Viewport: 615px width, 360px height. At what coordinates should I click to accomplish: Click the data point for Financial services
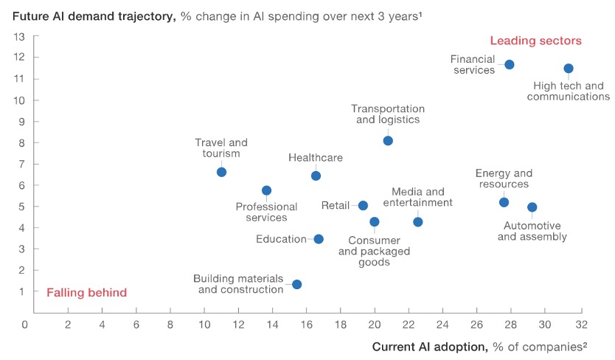[x=509, y=65]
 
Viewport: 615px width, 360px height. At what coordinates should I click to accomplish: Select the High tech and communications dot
[x=569, y=69]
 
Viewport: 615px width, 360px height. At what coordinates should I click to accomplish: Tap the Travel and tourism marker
[x=221, y=172]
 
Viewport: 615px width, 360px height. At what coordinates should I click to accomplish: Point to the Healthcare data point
[x=316, y=176]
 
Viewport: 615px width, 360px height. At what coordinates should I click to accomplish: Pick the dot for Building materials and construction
[x=296, y=284]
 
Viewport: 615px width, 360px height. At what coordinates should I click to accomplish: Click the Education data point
[x=319, y=239]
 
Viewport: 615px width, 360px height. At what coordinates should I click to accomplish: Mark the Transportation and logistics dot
[x=388, y=141]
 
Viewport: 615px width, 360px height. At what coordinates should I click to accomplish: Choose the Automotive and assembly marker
[x=532, y=207]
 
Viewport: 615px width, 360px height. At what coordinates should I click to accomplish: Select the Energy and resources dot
[x=504, y=202]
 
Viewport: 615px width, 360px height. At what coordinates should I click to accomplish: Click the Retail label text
[x=336, y=206]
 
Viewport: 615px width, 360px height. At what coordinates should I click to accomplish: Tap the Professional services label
[x=266, y=212]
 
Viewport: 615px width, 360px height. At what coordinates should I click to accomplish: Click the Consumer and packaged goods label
[x=374, y=252]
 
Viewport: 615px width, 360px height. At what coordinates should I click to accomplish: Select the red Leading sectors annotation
[x=536, y=41]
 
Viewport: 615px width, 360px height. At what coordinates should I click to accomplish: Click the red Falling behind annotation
[x=87, y=292]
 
